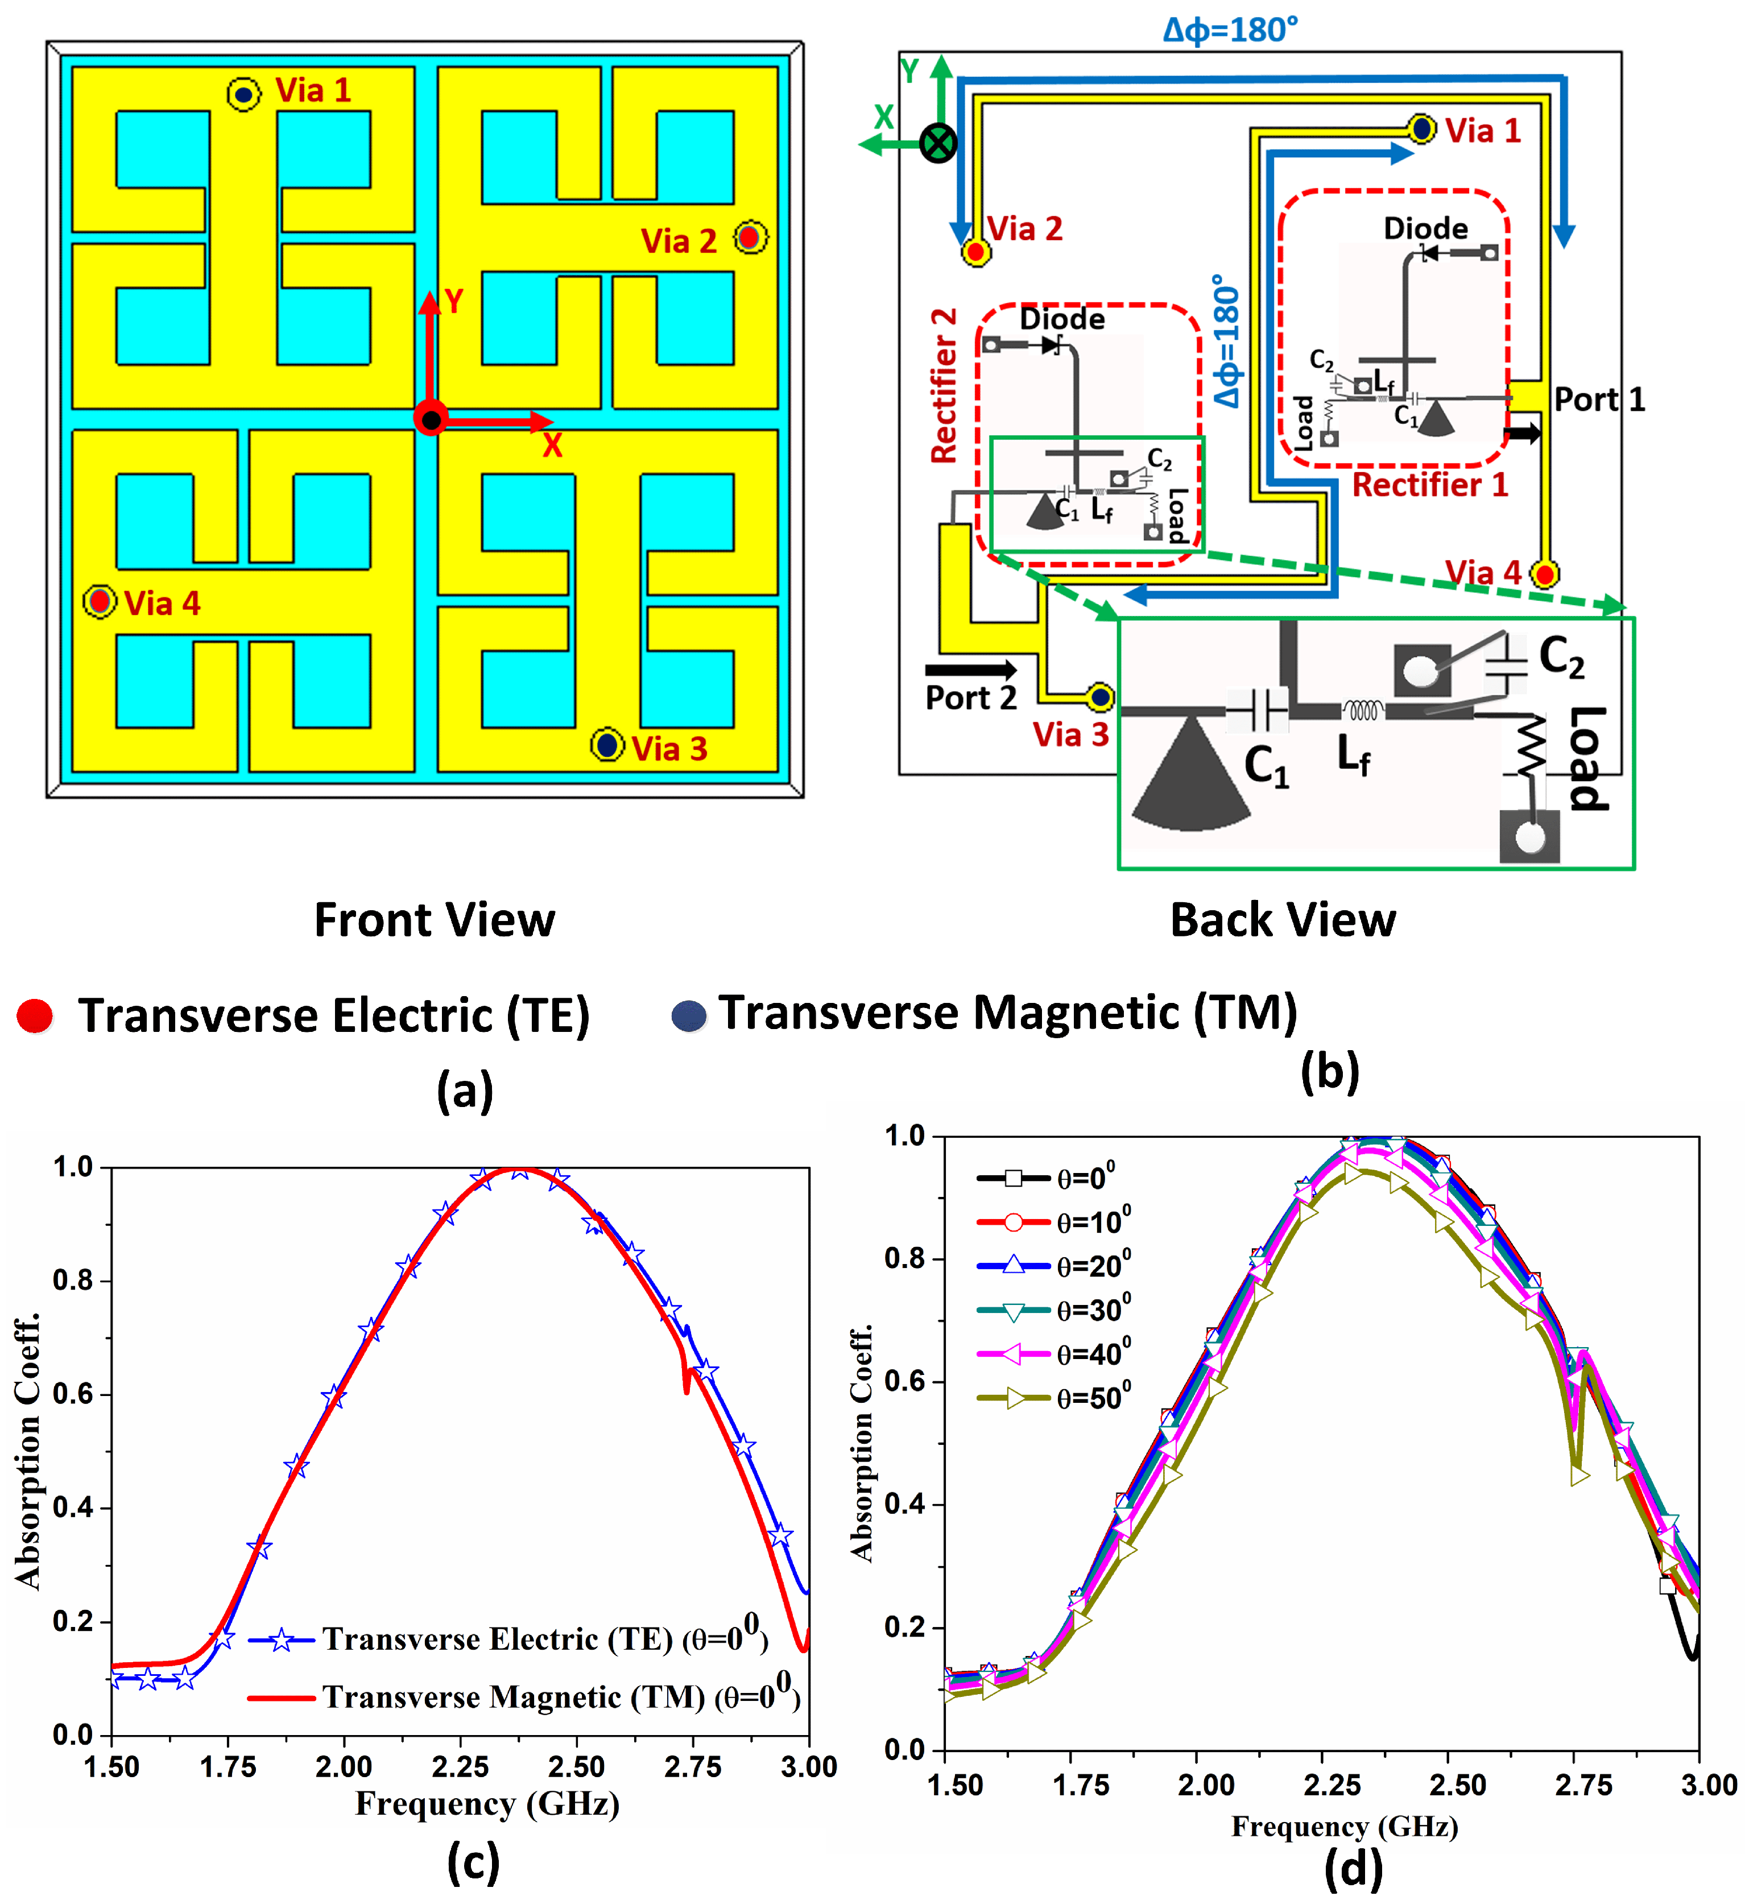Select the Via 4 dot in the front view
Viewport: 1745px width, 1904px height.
pos(99,601)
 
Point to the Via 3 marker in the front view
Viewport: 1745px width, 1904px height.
pos(607,745)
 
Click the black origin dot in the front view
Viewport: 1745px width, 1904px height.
pos(431,419)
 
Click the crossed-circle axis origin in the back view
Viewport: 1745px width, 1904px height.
pos(938,143)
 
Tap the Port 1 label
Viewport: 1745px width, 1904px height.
pos(1599,399)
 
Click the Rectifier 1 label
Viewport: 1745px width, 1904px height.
pos(1430,485)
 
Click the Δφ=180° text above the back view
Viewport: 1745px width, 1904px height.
pos(1230,30)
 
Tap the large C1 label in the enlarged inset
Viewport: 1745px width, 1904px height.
pos(1266,765)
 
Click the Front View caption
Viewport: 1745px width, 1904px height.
pos(435,920)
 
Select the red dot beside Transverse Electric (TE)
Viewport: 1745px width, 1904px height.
pos(35,1015)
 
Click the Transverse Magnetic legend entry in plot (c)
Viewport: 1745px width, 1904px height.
pos(524,1697)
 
